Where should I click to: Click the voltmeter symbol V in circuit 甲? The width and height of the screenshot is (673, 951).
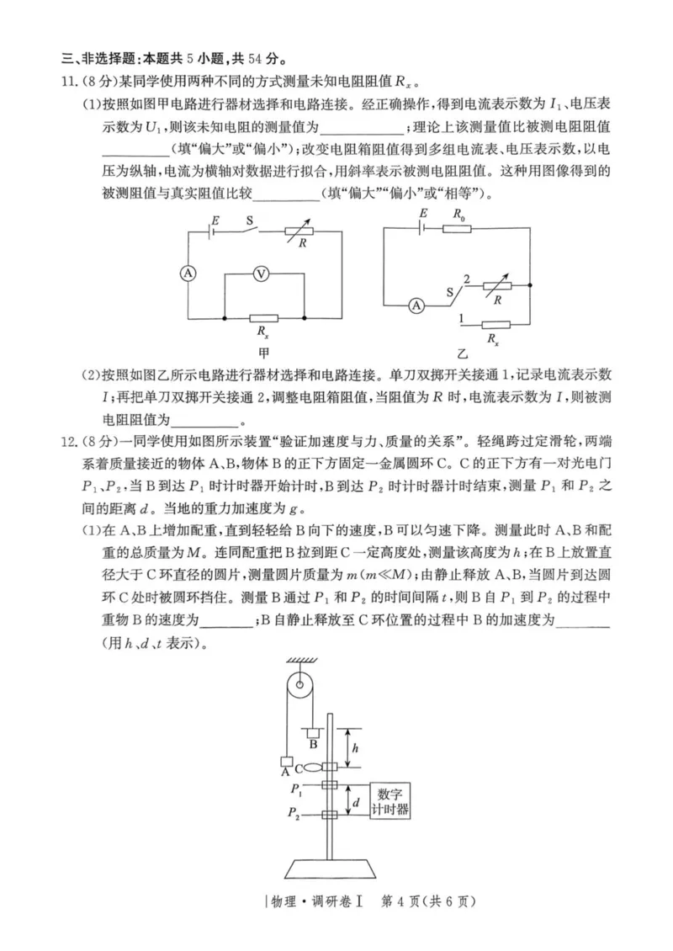click(x=262, y=274)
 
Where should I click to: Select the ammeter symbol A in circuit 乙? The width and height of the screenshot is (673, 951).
click(x=415, y=306)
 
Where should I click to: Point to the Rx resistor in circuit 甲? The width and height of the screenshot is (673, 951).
click(x=262, y=319)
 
